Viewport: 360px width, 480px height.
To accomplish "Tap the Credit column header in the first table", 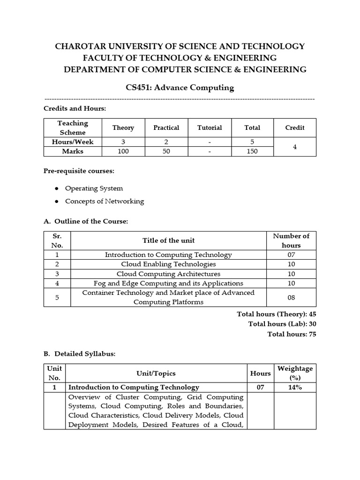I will tap(294, 127).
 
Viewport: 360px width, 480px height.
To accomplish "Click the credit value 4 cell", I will tap(294, 147).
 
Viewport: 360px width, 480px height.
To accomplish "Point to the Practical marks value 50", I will tap(166, 151).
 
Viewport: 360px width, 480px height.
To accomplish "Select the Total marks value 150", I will tap(252, 151).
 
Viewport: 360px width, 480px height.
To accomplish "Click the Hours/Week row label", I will tap(72, 142).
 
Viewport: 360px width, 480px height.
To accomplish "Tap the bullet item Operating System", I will tap(94, 188).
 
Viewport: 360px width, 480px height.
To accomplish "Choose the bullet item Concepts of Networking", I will tap(105, 202).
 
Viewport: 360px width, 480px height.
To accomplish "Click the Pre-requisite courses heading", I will tap(79, 171).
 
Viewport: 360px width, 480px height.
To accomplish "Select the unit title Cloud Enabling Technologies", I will tap(168, 264).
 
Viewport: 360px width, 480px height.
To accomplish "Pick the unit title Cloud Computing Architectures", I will tap(168, 274).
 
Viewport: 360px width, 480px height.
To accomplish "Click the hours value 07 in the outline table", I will tap(291, 255).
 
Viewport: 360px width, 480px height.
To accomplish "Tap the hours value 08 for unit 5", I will tap(291, 297).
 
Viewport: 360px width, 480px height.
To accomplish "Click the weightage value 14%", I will tap(295, 387).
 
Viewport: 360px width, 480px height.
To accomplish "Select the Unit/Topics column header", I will tap(156, 373).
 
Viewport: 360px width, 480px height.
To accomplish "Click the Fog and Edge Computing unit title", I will tap(168, 283).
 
